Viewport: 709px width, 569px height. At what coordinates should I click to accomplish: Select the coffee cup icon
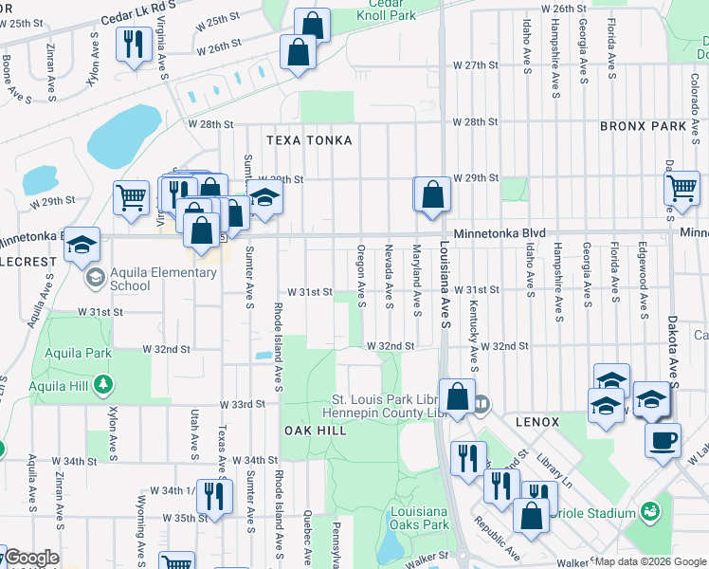pyautogui.click(x=663, y=439)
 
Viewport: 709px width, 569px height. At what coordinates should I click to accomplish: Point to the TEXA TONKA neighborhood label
pyautogui.click(x=309, y=140)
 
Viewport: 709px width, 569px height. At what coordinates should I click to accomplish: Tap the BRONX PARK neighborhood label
pyautogui.click(x=642, y=126)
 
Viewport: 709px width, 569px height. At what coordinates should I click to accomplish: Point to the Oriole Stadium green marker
pyautogui.click(x=650, y=512)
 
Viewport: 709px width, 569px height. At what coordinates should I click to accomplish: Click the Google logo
pyautogui.click(x=31, y=558)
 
